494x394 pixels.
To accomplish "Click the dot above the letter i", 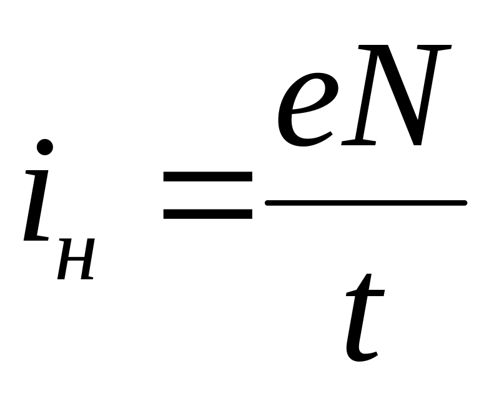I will coord(44,148).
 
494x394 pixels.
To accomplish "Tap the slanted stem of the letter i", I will coord(36,199).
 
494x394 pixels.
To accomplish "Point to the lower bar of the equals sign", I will coord(207,213).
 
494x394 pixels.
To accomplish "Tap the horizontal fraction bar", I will coord(366,203).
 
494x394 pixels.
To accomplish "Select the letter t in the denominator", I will coord(364,318).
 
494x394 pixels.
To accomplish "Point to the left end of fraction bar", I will coord(269,203).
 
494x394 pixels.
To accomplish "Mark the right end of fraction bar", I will coord(463,203).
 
